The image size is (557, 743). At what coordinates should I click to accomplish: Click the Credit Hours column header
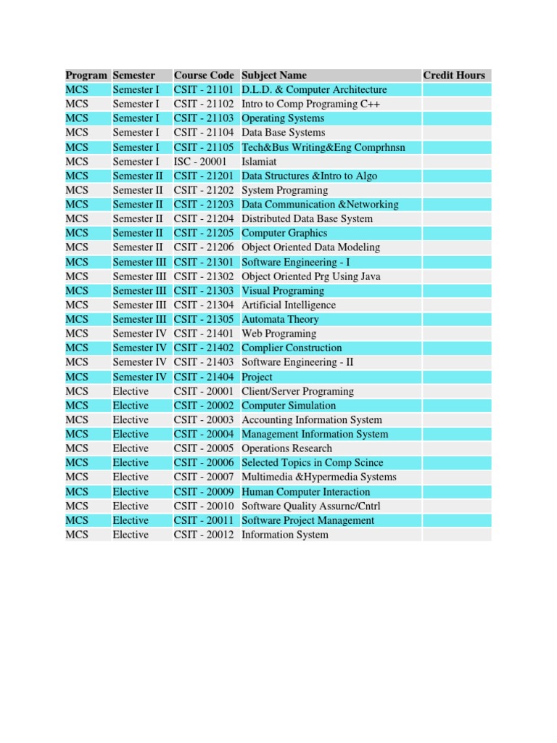[x=454, y=75]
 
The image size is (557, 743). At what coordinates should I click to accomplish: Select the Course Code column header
[x=204, y=75]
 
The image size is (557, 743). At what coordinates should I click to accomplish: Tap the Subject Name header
[x=274, y=75]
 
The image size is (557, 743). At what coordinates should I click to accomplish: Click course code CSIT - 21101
[x=204, y=90]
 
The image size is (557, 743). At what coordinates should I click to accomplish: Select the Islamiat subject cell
[x=260, y=162]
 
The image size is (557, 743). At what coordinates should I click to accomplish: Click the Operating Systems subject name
[x=283, y=118]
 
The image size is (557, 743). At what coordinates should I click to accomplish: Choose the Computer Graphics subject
[x=284, y=233]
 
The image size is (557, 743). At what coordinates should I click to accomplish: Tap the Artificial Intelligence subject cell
[x=289, y=305]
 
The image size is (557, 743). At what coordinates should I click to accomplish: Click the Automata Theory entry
[x=280, y=319]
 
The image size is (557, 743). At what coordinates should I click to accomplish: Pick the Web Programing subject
[x=278, y=334]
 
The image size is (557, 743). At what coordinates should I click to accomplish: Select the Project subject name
[x=257, y=377]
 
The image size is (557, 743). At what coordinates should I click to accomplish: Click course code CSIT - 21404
[x=204, y=377]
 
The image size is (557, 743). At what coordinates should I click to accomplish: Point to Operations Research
[x=286, y=448]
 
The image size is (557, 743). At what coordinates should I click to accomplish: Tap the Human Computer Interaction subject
[x=305, y=491]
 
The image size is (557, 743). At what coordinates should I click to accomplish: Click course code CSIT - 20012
[x=204, y=535]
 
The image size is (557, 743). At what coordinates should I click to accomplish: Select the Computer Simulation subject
[x=289, y=406]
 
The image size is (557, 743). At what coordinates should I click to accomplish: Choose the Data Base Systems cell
[x=283, y=133]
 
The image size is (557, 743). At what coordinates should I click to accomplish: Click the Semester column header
[x=134, y=75]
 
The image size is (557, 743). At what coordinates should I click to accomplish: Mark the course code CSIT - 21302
[x=204, y=276]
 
